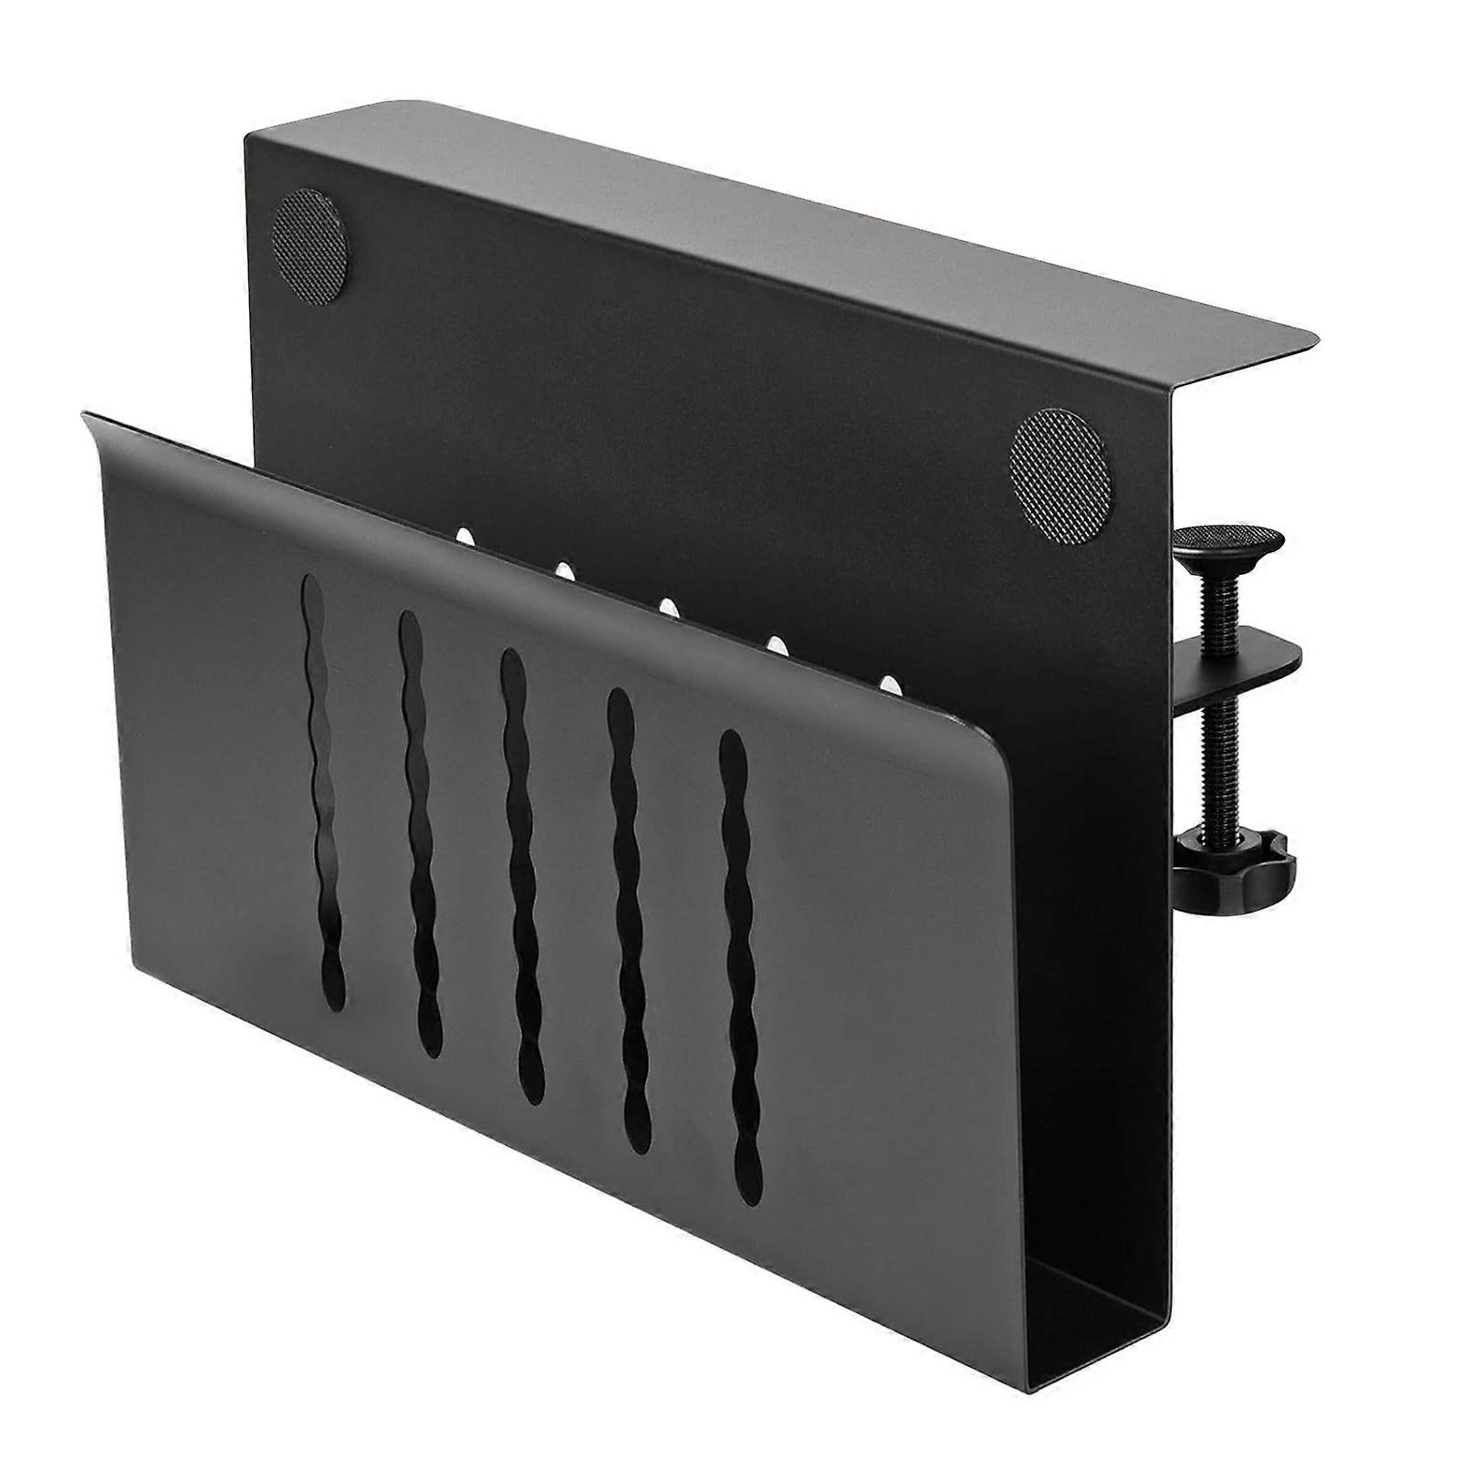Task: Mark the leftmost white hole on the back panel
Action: [464, 535]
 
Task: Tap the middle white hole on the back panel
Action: [668, 607]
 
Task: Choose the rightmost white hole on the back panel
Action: [886, 682]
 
